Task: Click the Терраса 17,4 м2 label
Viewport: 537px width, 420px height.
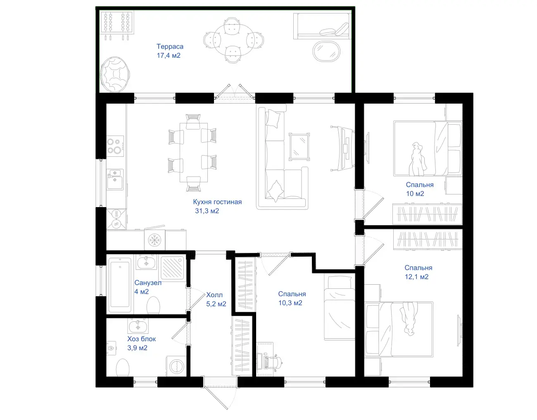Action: (170, 51)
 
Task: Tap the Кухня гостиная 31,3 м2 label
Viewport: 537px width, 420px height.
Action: (217, 206)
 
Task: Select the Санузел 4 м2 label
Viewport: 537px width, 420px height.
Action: (148, 287)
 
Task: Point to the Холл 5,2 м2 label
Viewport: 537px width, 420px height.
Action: (216, 299)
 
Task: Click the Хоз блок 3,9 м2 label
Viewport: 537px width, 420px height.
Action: (141, 343)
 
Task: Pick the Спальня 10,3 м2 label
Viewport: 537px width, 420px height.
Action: (292, 298)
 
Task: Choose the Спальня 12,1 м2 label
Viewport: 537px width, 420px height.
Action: (418, 272)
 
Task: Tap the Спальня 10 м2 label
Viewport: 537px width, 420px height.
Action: (419, 189)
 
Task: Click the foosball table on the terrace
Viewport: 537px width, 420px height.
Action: (117, 25)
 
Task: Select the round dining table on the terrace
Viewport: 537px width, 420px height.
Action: (232, 40)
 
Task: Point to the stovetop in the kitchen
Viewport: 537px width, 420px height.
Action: (115, 146)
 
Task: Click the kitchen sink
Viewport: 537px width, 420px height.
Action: (115, 179)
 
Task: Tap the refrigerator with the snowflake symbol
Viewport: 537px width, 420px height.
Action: (155, 240)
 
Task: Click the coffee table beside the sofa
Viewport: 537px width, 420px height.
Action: (299, 147)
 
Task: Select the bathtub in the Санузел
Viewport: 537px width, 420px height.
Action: (120, 286)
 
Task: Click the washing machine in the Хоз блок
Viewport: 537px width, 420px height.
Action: (176, 366)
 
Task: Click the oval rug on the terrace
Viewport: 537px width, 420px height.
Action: (326, 51)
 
